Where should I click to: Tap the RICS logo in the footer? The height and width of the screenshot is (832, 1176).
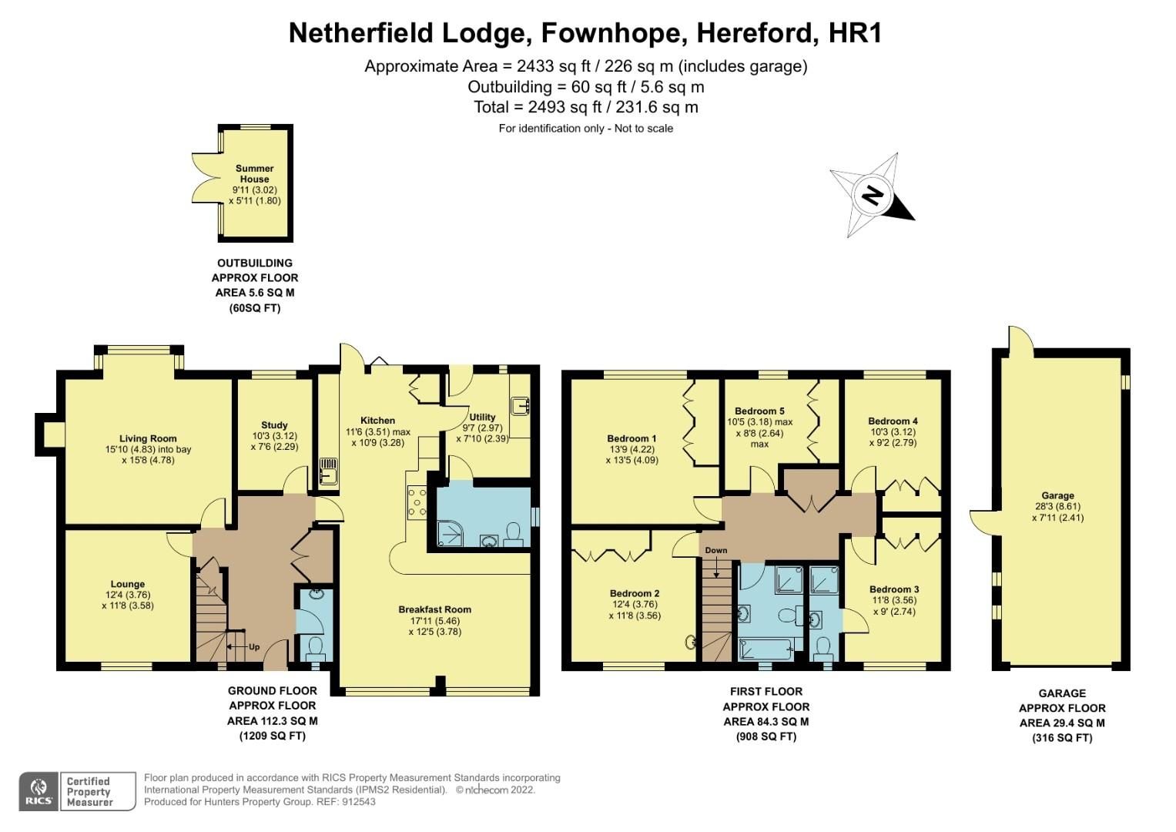click(x=38, y=791)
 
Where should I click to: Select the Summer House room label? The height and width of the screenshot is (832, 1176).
click(x=255, y=174)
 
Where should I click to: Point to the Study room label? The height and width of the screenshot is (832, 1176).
click(x=274, y=425)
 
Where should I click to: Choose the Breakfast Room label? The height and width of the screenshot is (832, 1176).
click(x=434, y=609)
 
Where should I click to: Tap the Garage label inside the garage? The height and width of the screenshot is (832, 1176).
click(x=1057, y=496)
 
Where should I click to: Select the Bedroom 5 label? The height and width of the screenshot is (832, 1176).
click(x=759, y=411)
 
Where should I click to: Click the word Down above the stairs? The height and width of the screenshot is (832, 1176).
click(x=715, y=550)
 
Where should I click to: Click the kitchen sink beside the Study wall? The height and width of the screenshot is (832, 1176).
click(x=329, y=469)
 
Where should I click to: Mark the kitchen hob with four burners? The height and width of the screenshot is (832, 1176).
click(x=417, y=501)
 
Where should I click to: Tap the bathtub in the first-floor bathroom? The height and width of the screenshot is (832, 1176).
click(x=767, y=649)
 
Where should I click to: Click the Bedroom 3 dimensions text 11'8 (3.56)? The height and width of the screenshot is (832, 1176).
click(x=895, y=601)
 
